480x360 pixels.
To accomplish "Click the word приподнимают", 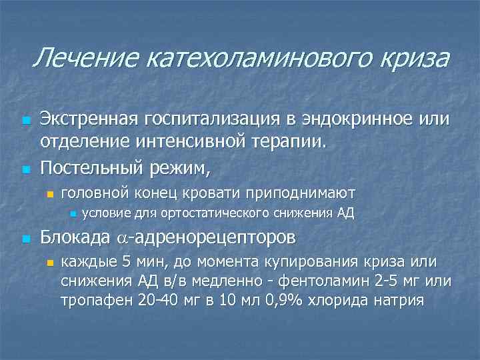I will pyautogui.click(x=300, y=193).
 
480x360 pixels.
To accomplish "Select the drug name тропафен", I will pyautogui.click(x=95, y=300).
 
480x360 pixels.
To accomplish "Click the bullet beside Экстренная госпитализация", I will pyautogui.click(x=25, y=121).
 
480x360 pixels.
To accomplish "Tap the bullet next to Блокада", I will pyautogui.click(x=25, y=239).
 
